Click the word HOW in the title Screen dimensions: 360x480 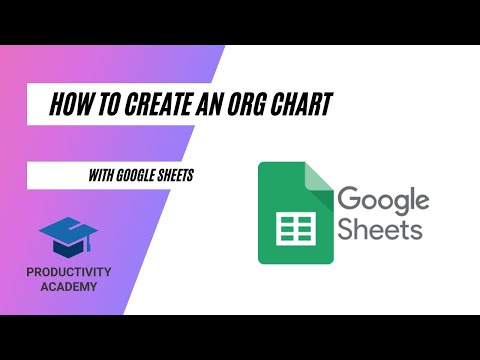(68, 103)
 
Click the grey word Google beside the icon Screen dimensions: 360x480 (383, 199)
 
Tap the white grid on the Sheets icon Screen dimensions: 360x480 (294, 229)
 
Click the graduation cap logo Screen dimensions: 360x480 (69, 237)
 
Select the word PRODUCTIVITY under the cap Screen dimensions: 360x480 (69, 273)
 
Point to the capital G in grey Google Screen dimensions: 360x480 (349, 199)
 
